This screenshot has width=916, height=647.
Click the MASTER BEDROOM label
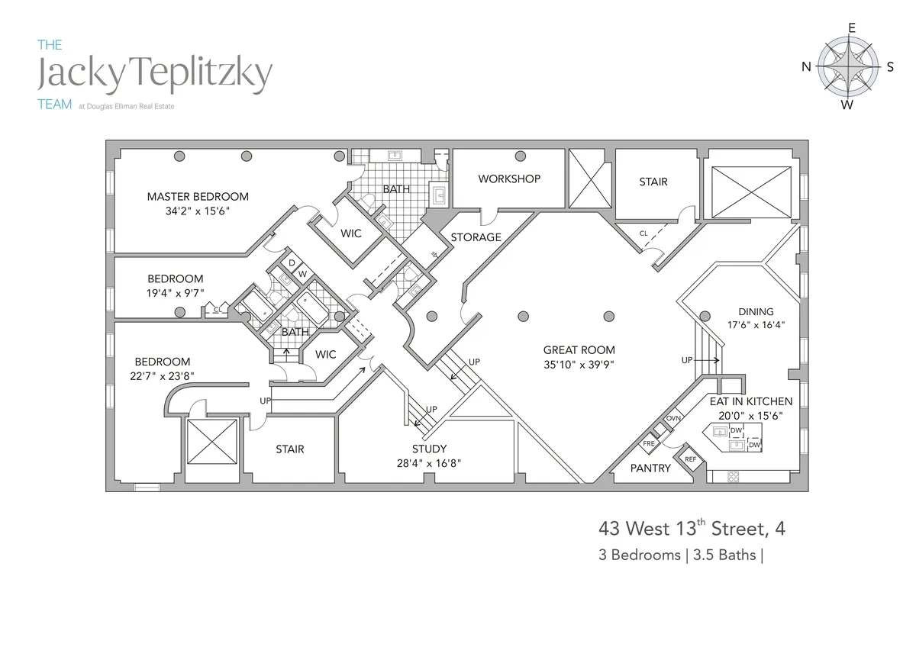click(198, 196)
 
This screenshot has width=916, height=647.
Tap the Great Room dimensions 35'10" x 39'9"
click(579, 364)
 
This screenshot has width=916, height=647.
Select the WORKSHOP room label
click(509, 179)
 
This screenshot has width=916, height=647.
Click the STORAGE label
click(476, 237)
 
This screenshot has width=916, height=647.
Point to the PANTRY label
click(650, 468)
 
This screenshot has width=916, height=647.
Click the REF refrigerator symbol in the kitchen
click(691, 459)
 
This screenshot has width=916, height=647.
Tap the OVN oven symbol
click(672, 419)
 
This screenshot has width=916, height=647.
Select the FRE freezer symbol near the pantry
click(649, 443)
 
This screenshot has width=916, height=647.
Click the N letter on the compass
click(805, 67)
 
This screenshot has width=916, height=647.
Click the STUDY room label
click(429, 449)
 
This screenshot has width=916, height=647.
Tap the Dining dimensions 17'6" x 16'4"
click(756, 324)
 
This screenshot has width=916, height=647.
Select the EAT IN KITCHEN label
click(750, 401)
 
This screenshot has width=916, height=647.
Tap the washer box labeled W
click(302, 274)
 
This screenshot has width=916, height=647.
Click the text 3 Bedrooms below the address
click(639, 555)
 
